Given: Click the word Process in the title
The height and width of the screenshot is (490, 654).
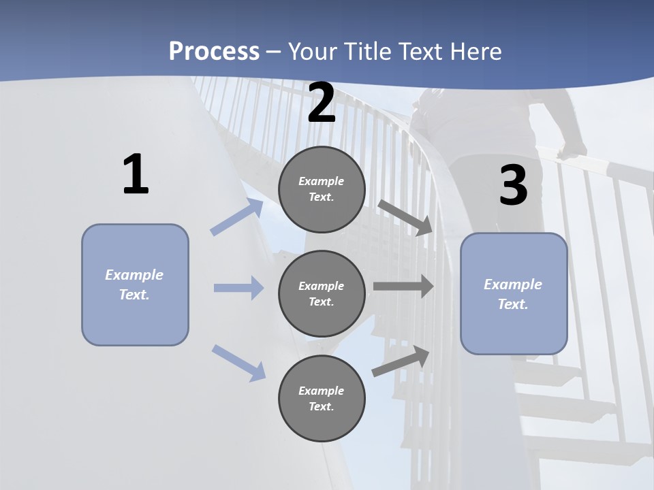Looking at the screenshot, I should [x=214, y=52].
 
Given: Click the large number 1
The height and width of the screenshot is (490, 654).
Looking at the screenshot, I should [x=136, y=175].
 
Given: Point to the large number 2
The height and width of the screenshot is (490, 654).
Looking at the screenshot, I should [x=322, y=103].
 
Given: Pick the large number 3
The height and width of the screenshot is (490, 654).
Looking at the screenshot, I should [x=514, y=185].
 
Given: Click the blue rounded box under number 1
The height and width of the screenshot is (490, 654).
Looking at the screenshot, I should [x=135, y=284].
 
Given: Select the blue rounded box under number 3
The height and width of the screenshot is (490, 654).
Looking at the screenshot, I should [x=514, y=294].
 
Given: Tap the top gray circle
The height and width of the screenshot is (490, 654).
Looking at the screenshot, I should [x=322, y=189].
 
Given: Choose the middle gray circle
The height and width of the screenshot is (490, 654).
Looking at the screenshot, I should [x=322, y=294].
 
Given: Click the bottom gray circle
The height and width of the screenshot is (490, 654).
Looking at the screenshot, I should [x=322, y=399].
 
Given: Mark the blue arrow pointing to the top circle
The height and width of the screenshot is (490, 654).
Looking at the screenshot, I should [x=237, y=217].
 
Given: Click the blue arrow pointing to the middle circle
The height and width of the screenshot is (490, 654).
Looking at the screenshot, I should [x=238, y=288].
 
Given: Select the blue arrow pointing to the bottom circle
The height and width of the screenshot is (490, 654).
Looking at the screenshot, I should [x=238, y=363].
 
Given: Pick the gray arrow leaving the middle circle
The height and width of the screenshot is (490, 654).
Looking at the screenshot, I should [x=403, y=287].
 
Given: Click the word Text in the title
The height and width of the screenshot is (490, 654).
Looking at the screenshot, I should [x=422, y=52].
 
